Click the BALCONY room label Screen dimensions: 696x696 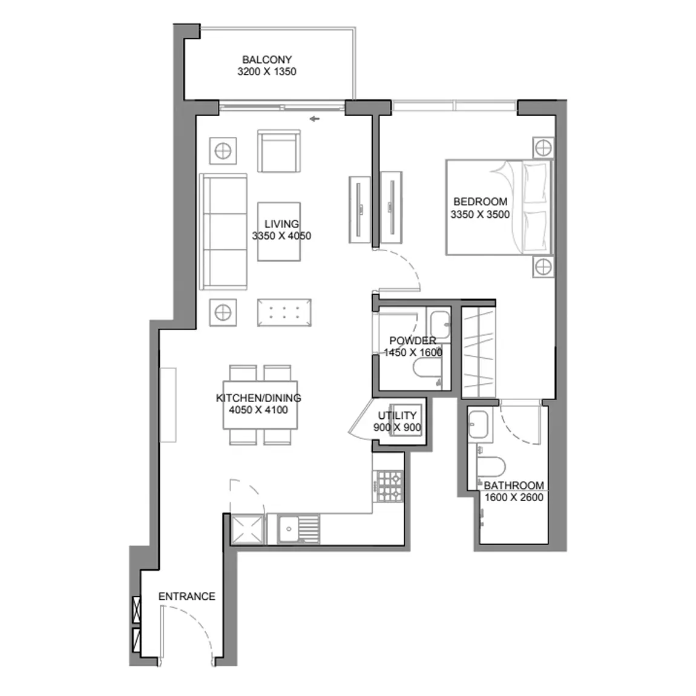[267, 59]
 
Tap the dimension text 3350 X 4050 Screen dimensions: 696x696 [281, 235]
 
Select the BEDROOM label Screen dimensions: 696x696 [481, 202]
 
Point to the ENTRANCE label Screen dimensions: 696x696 [187, 596]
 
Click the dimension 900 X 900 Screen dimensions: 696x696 [397, 427]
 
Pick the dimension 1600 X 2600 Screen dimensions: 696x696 [514, 497]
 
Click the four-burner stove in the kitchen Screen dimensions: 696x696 [390, 486]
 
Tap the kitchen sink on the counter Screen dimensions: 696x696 [298, 529]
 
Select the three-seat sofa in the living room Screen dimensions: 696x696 [223, 232]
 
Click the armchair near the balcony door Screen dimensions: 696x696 [279, 151]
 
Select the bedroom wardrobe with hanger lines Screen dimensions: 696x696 [479, 352]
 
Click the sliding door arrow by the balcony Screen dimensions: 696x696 [315, 119]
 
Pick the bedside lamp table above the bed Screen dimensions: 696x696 [543, 148]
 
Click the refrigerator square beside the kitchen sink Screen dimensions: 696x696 [248, 529]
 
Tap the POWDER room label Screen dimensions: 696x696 [413, 341]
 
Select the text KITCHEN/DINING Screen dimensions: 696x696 [259, 398]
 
